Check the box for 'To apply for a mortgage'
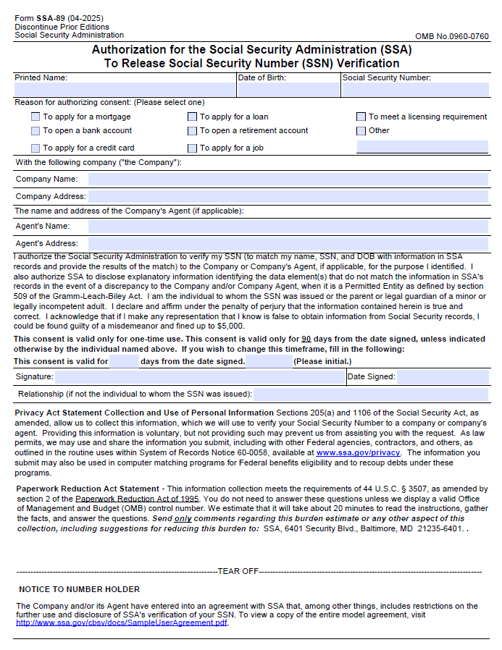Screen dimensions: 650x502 tap(35, 117)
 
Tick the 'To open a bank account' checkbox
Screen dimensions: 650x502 tap(35, 131)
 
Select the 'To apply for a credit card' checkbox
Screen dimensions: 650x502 tap(35, 148)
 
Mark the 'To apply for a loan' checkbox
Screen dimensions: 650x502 tap(193, 117)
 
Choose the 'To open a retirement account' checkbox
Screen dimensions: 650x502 tap(193, 131)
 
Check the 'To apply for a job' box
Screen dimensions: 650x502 tap(193, 148)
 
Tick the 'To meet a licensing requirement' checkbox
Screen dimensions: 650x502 tap(361, 117)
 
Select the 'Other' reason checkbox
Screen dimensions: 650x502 tap(361, 131)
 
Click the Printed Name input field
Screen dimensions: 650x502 tap(125, 90)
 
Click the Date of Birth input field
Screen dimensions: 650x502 tap(288, 90)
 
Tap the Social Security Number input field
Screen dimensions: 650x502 tap(415, 90)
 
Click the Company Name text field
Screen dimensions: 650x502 tap(288, 179)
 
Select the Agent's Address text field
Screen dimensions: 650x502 tap(288, 244)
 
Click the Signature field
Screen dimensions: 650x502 tap(199, 377)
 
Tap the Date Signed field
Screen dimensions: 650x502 tap(443, 377)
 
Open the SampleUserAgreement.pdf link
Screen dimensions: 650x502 tap(122, 622)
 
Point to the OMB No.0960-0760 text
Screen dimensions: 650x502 tap(451, 36)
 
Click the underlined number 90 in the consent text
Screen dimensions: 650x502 tap(306, 339)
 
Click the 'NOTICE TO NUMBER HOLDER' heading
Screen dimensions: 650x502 tap(79, 589)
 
